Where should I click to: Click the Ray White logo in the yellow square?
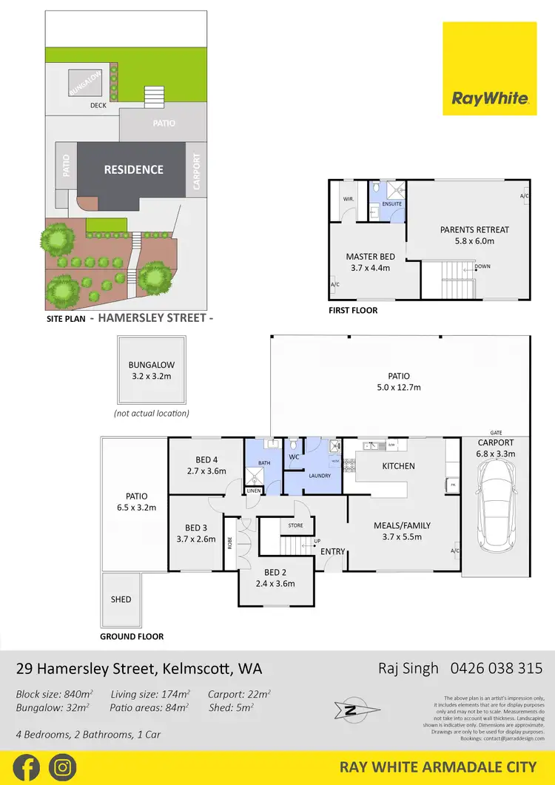tap(490, 98)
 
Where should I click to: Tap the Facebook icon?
tap(26, 767)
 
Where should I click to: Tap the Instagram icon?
tap(63, 767)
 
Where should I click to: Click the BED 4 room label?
tap(206, 459)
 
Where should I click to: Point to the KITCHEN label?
tap(398, 466)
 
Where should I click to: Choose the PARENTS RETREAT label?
tap(474, 230)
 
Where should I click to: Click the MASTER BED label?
tap(371, 257)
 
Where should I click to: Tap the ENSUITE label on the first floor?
tap(392, 203)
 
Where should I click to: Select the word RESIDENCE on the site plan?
tap(133, 169)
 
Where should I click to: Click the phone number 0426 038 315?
tap(491, 669)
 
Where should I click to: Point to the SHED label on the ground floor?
tap(121, 599)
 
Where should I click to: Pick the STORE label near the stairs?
tap(296, 526)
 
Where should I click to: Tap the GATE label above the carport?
tap(496, 433)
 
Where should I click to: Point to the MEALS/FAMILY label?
tap(402, 526)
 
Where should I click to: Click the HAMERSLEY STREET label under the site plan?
tap(156, 320)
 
